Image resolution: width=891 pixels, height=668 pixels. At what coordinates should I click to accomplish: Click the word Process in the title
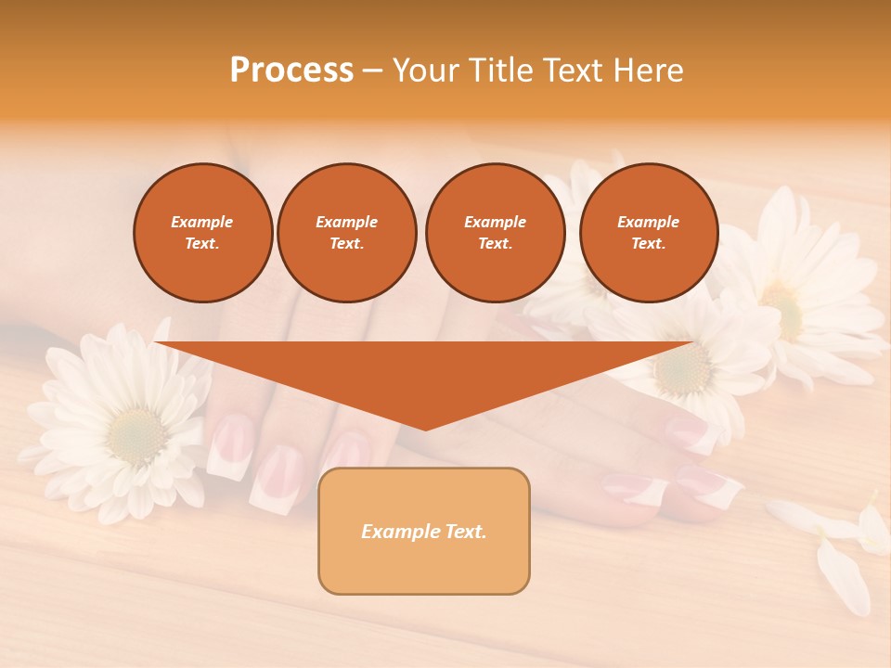[291, 71]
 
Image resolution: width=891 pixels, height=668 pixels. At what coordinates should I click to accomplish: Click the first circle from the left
[202, 233]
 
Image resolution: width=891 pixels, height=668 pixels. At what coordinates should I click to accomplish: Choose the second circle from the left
[346, 233]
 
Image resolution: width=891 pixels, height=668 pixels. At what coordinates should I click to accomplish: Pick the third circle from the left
[495, 233]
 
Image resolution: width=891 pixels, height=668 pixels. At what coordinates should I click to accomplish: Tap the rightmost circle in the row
[648, 233]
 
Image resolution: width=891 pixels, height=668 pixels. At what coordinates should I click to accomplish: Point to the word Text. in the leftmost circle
[202, 244]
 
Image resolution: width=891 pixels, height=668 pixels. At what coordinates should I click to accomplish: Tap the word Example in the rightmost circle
[648, 222]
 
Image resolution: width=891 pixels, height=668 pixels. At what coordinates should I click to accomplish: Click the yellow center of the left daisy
[137, 432]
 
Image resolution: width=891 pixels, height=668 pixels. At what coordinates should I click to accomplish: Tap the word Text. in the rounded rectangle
[465, 532]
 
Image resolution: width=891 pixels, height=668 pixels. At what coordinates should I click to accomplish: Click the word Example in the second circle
[346, 222]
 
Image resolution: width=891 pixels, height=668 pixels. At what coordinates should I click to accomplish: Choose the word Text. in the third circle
[495, 244]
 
